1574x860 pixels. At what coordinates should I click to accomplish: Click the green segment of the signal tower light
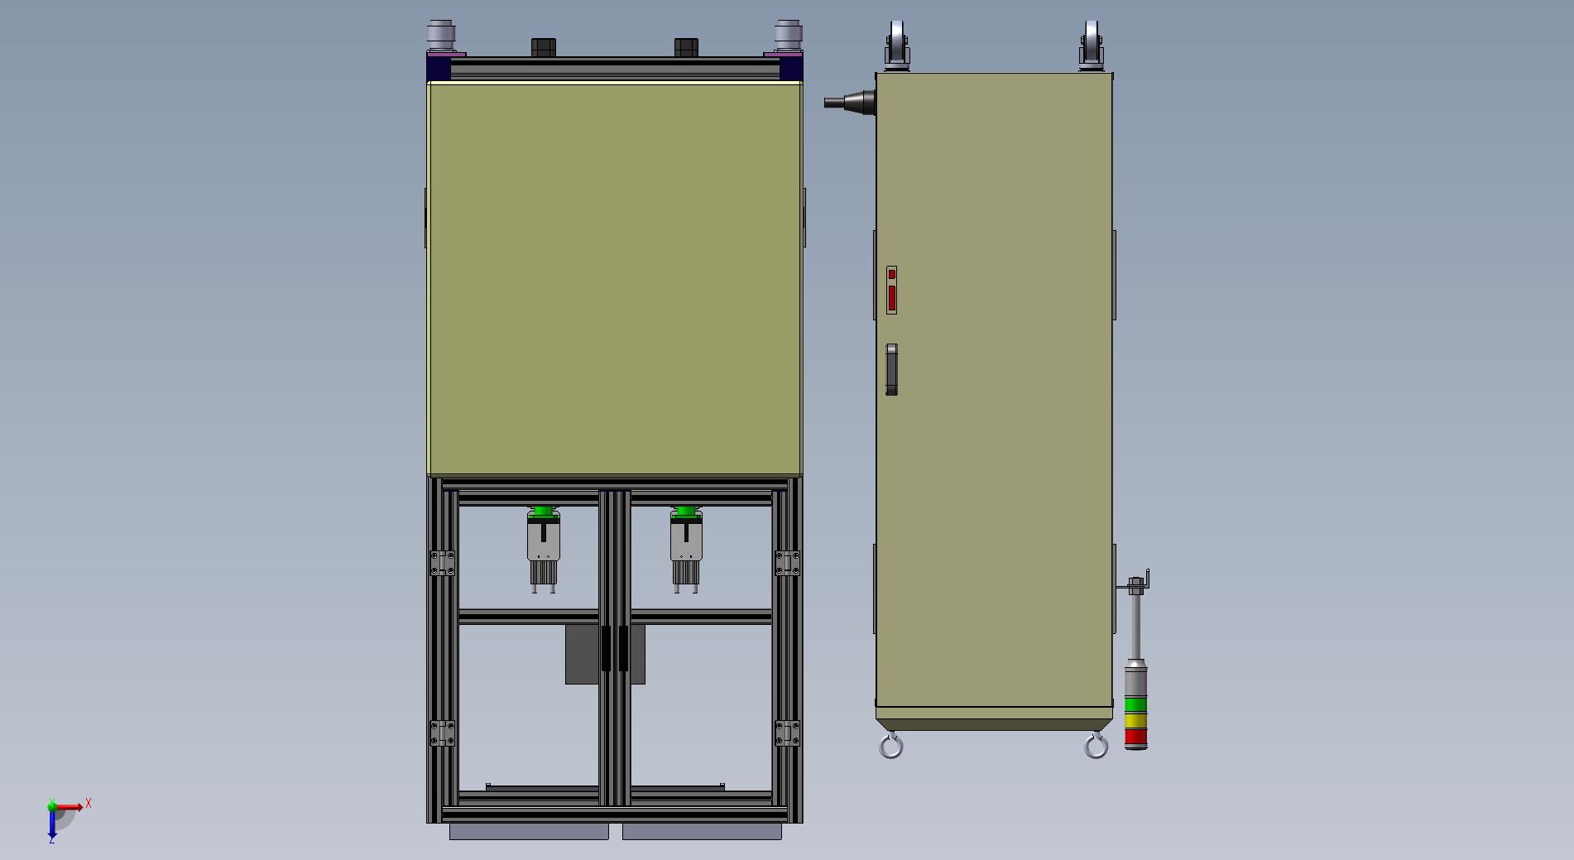point(1136,705)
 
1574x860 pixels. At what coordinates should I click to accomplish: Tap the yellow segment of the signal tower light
point(1136,721)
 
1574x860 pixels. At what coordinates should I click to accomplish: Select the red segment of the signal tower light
point(1136,737)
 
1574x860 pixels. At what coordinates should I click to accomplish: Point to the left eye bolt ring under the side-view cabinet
point(890,747)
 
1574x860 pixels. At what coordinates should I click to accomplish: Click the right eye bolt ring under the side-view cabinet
point(1096,747)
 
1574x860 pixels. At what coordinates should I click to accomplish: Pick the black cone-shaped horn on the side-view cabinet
point(850,102)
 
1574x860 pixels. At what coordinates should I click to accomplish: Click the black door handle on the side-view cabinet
point(891,369)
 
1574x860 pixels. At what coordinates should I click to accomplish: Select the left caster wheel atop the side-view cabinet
point(896,45)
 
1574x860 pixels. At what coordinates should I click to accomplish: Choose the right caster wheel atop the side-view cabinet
point(1091,45)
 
